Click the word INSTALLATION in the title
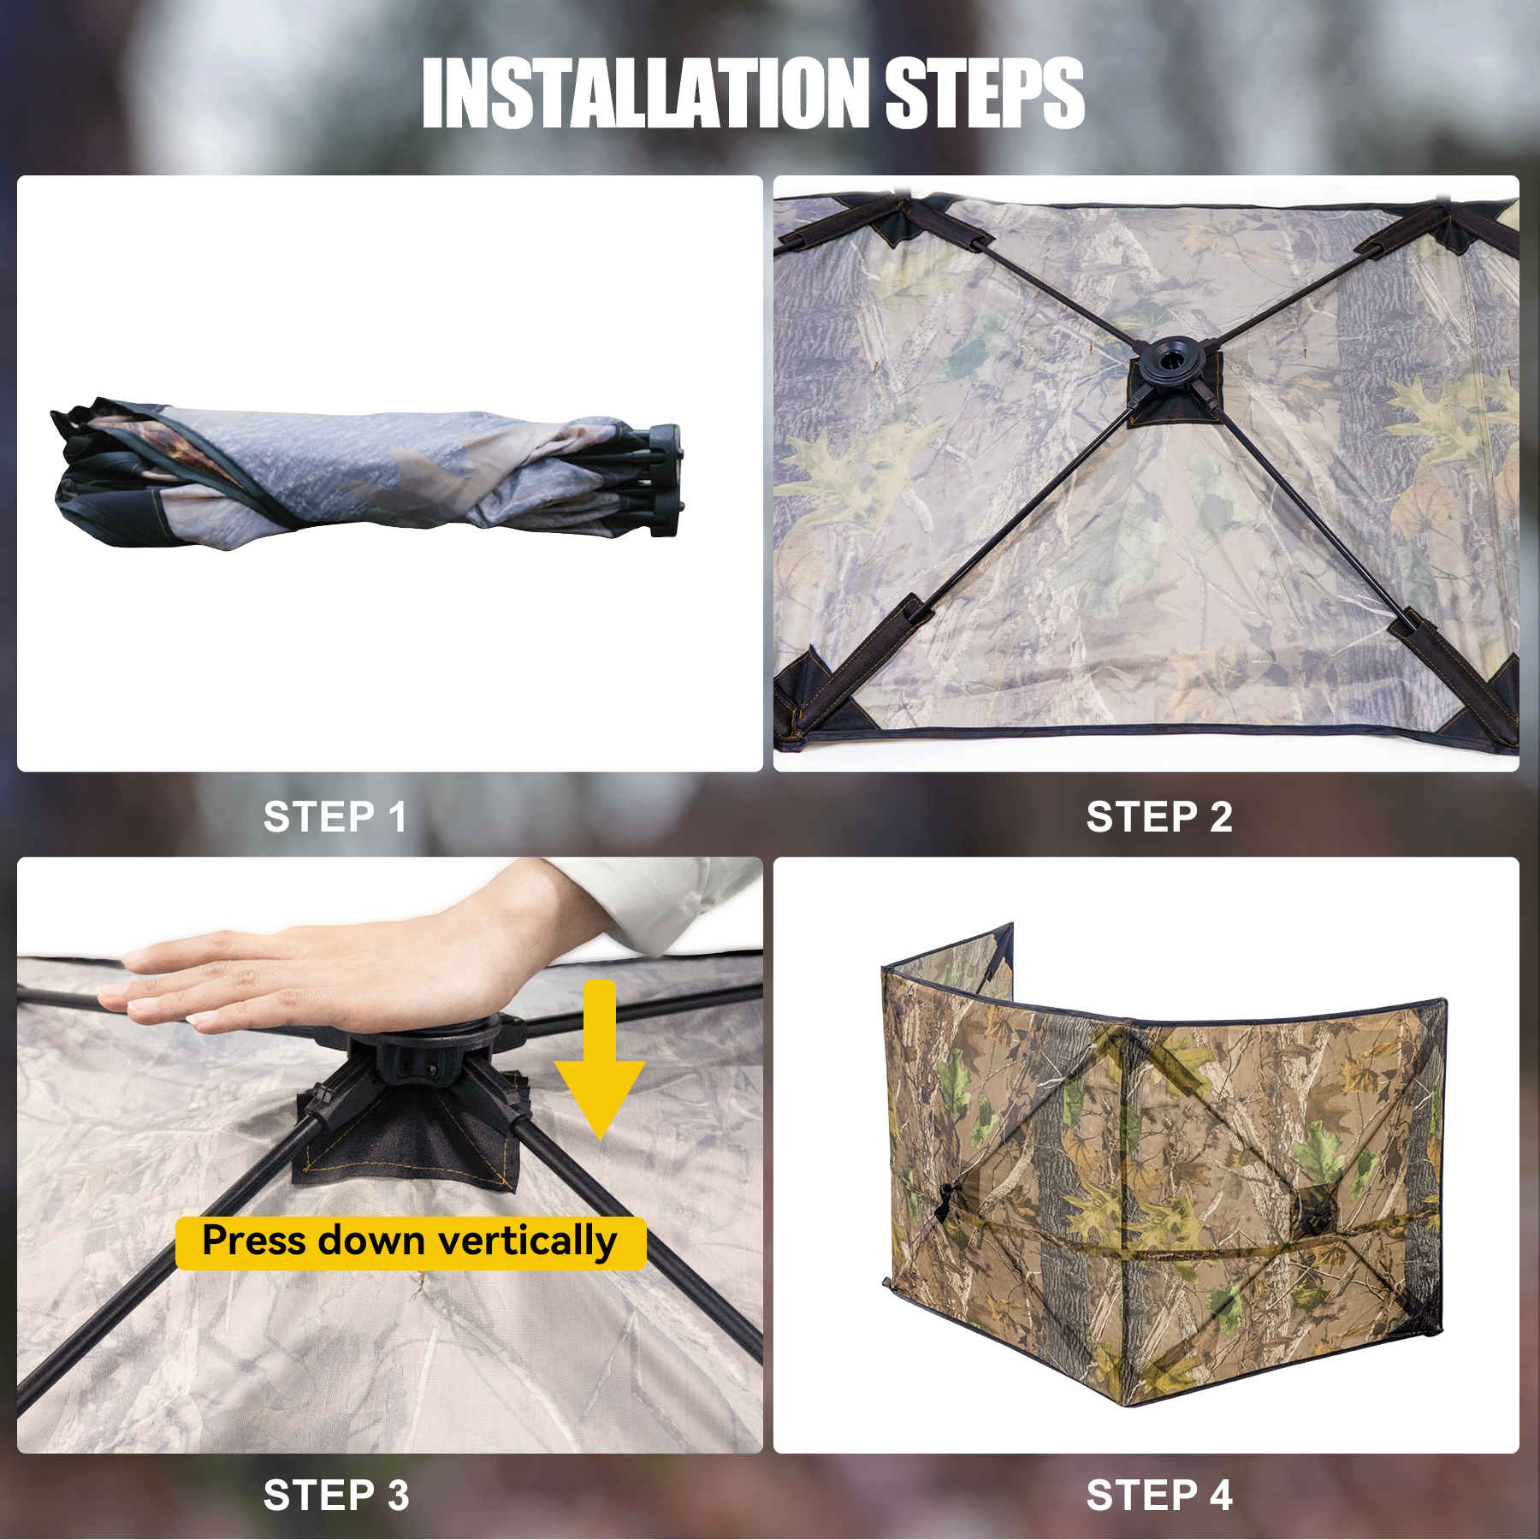point(646,93)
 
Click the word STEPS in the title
point(985,93)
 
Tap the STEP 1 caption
point(335,817)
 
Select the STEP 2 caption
point(1159,817)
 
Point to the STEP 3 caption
point(336,1496)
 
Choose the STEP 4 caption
point(1159,1496)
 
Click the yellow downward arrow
point(600,1061)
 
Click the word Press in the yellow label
point(254,1241)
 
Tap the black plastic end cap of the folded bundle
point(665,480)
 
